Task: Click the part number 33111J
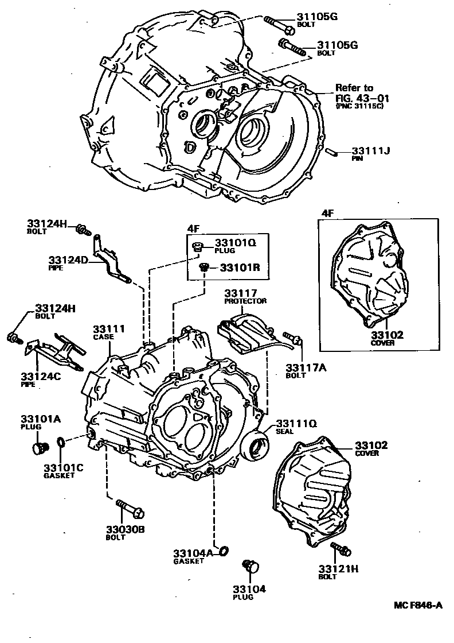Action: (371, 151)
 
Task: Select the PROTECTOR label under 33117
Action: (245, 301)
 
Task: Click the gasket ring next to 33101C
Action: (61, 442)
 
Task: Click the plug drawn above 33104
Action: (251, 566)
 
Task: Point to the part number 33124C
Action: (39, 376)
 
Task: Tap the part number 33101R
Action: (240, 268)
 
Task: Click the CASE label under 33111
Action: (105, 336)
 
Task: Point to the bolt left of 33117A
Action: (291, 340)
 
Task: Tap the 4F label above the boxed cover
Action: (327, 213)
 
